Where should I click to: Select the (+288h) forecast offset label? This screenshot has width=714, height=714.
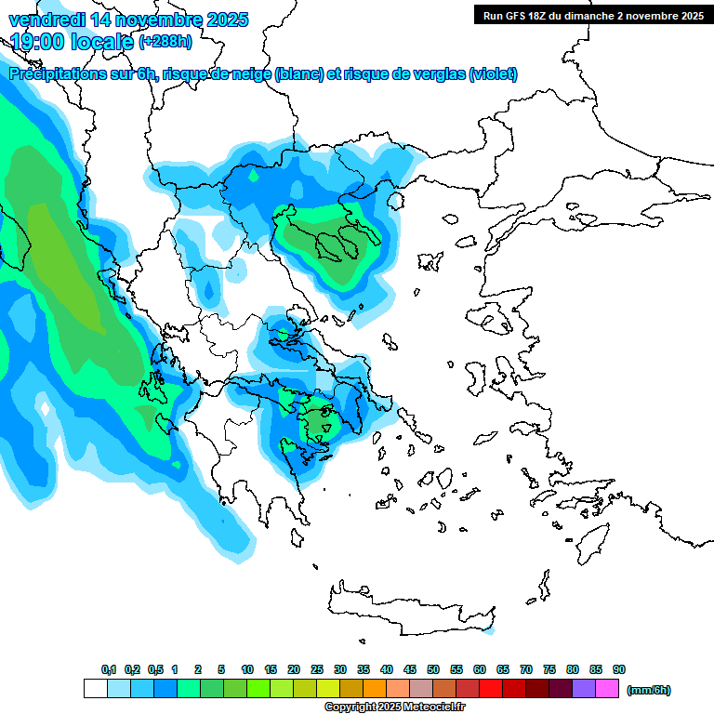coord(165,42)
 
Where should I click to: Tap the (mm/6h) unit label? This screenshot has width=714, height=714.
coord(648,690)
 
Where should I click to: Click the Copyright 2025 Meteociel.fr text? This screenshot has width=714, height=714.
coord(394,707)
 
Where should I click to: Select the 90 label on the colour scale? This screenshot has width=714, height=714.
coord(619,669)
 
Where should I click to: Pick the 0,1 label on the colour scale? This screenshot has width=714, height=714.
coord(109,669)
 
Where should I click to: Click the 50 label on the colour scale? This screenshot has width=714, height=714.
coord(433,669)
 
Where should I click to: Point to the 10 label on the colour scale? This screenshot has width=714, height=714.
coord(247,669)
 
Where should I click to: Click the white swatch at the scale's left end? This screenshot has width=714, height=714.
coord(95,689)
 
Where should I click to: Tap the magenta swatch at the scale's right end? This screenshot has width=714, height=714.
coord(607,689)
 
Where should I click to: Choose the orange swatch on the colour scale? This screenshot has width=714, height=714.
coord(375,689)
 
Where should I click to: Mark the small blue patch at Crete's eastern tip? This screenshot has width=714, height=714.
coord(489,630)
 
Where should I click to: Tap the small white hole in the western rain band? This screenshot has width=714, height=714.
coord(44,406)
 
